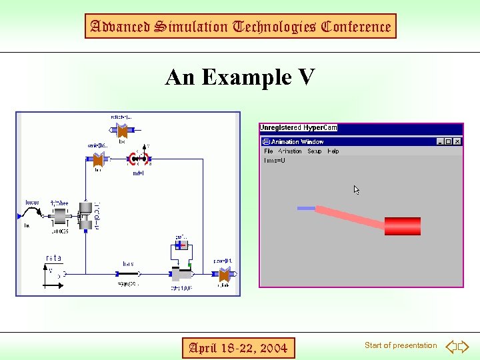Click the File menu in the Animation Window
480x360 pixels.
coord(268,151)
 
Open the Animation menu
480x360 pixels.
coord(290,151)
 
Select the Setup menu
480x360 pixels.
coord(315,151)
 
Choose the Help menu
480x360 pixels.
coord(333,151)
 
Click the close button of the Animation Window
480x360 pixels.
coord(457,141)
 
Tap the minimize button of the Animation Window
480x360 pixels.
coord(440,141)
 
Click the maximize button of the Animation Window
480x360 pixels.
coord(449,141)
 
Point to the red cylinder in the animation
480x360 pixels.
coord(403,226)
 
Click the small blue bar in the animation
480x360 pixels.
coord(306,208)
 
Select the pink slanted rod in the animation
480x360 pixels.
coord(350,219)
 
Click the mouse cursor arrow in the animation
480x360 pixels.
coord(357,190)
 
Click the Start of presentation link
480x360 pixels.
coord(401,345)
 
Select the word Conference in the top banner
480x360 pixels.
coord(356,27)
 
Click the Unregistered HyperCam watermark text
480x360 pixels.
coord(299,127)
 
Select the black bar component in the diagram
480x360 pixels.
coord(127,274)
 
